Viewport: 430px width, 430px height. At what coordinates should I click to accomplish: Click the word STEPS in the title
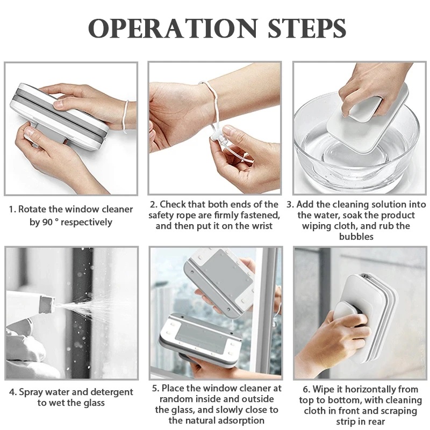(302, 27)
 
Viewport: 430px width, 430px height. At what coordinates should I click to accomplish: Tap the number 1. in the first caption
(11, 210)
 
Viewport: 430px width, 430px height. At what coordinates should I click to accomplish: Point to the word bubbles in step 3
(356, 236)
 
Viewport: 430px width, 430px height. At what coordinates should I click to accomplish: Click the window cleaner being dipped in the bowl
(365, 118)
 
